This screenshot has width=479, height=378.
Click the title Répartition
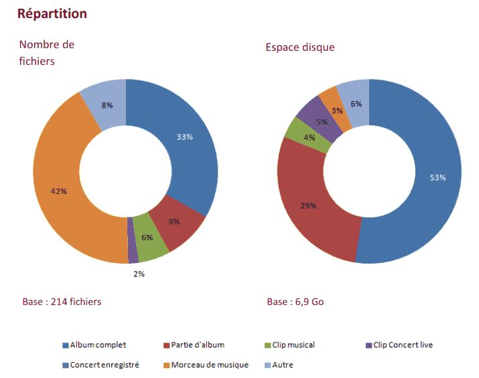[52, 13]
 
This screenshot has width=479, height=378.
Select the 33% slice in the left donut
[184, 137]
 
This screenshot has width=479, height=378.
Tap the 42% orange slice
[59, 191]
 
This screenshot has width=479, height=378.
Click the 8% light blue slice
[107, 105]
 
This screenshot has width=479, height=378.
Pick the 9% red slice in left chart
[174, 222]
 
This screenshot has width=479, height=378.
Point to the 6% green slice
[147, 238]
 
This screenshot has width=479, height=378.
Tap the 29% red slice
[309, 206]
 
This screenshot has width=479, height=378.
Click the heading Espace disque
[299, 48]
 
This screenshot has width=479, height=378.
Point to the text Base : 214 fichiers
[62, 302]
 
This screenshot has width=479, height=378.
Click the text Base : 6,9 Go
[295, 302]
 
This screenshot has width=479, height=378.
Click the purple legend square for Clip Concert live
[368, 345]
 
